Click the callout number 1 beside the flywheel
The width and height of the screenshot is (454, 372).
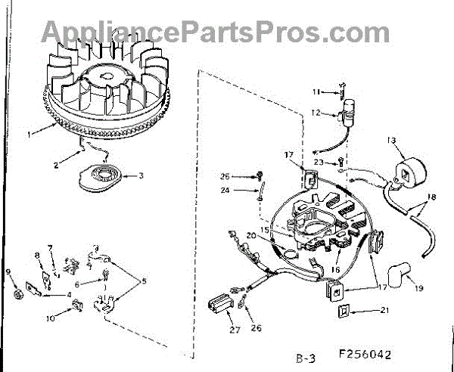click(x=30, y=135)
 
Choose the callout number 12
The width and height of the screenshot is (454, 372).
click(x=317, y=114)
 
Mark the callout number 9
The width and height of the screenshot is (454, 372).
click(x=8, y=272)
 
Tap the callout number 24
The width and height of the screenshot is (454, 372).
click(x=247, y=191)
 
